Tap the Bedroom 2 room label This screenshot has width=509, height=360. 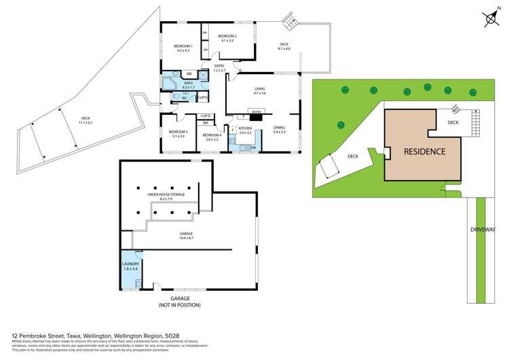pos(227,38)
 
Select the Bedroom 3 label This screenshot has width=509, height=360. pos(178,133)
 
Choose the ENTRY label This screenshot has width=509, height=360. pos(218,68)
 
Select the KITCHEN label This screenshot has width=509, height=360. pos(245,130)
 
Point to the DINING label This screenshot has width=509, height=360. pos(280,129)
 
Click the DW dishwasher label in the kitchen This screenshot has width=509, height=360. pos(252,147)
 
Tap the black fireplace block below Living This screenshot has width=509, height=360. pos(256,111)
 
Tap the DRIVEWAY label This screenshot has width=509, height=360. pos(483,230)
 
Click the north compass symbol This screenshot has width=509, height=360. pos(488,18)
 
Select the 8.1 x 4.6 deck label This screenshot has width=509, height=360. pos(284,47)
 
